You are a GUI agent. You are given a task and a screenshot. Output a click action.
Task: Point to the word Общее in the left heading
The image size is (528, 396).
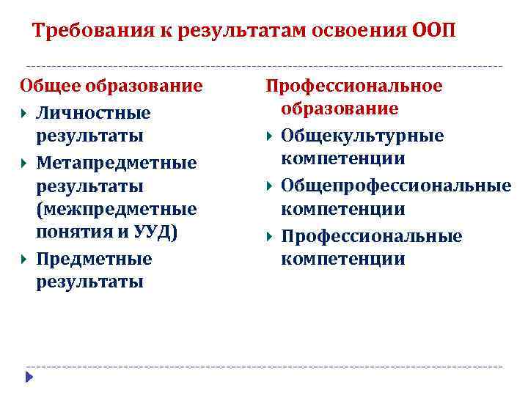pyautogui.click(x=50, y=86)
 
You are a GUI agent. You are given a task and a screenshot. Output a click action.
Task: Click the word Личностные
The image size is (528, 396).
pyautogui.click(x=92, y=114)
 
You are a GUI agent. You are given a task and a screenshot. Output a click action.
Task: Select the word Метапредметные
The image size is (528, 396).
pyautogui.click(x=116, y=162)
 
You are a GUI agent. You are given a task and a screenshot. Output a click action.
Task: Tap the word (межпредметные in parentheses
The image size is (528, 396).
pyautogui.click(x=116, y=210)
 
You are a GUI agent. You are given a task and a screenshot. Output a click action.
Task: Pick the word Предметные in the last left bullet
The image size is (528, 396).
pyautogui.click(x=94, y=259)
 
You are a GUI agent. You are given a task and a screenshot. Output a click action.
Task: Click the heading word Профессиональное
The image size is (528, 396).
pyautogui.click(x=353, y=86)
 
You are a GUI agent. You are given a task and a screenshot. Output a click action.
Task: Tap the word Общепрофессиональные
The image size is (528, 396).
pyautogui.click(x=396, y=186)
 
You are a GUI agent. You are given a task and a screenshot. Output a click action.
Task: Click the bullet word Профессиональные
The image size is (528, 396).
pyautogui.click(x=372, y=236)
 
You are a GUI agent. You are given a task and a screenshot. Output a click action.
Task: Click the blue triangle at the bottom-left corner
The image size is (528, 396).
pyautogui.click(x=29, y=377)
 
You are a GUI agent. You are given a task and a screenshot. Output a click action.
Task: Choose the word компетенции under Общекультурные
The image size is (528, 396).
pyautogui.click(x=342, y=159)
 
